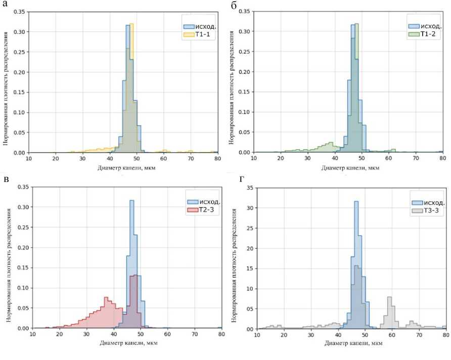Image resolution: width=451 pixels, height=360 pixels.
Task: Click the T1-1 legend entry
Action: click(x=196, y=34)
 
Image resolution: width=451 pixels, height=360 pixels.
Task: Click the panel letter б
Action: click(x=233, y=6)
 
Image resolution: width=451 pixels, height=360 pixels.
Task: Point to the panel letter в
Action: click(x=7, y=179)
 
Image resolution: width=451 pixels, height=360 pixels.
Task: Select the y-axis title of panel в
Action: click(x=8, y=257)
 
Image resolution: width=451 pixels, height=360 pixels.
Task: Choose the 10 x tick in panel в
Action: click(x=32, y=334)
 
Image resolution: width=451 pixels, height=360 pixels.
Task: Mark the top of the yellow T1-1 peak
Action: click(x=131, y=24)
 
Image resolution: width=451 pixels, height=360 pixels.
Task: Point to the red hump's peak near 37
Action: click(x=107, y=297)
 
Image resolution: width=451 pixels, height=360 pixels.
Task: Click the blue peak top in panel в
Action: click(x=131, y=201)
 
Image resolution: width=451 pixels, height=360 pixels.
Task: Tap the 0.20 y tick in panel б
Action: click(x=245, y=72)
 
